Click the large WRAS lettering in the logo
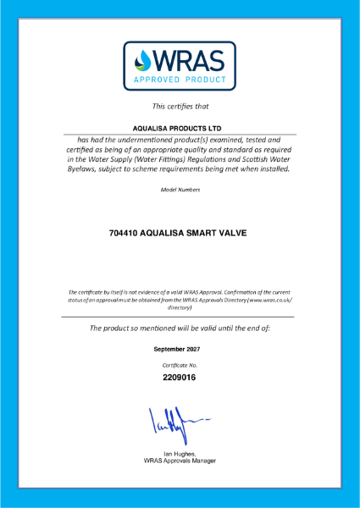[191, 59]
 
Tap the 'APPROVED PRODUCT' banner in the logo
[180, 81]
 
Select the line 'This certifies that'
[180, 107]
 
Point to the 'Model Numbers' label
[180, 190]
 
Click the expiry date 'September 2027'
[180, 349]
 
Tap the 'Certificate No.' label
[180, 364]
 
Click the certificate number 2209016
[180, 378]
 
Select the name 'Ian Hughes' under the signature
[179, 454]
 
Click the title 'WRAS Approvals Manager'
[180, 461]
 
